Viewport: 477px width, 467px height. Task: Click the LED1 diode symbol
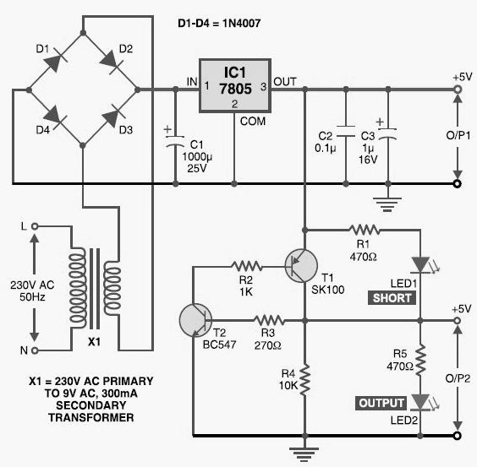point(420,265)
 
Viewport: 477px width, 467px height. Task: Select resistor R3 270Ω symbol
point(269,320)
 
